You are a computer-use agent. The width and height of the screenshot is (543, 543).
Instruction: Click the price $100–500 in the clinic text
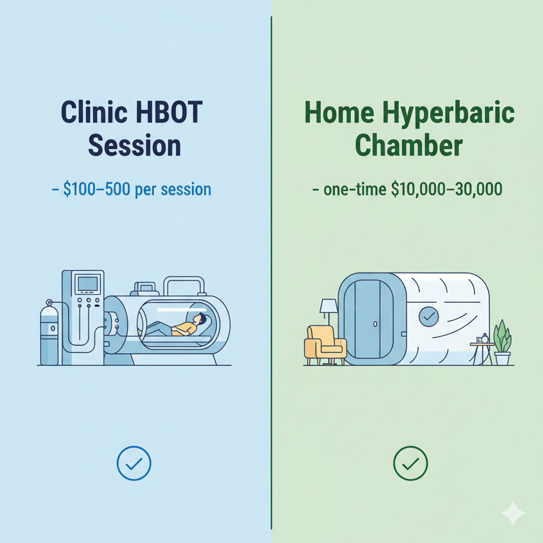tap(97, 189)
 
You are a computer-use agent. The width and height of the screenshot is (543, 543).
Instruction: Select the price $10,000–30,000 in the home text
tap(446, 189)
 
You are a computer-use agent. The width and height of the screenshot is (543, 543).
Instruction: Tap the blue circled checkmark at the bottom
tap(134, 463)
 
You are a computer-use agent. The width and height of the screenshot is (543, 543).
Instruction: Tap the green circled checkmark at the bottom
tap(410, 463)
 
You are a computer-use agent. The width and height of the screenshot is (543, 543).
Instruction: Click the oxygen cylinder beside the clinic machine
tap(49, 334)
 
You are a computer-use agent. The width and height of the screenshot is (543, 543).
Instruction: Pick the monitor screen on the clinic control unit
tap(86, 283)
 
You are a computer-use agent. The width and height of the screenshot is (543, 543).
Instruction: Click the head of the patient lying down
tap(199, 319)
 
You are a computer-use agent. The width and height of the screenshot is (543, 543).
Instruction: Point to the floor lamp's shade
tap(329, 306)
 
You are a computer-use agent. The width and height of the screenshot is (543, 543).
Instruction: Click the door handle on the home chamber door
tap(374, 323)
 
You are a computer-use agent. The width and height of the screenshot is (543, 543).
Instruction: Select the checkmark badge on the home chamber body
tap(428, 317)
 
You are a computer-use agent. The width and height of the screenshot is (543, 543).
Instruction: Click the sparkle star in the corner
tap(513, 513)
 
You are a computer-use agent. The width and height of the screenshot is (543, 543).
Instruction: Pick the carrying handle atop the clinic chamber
tap(184, 285)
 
